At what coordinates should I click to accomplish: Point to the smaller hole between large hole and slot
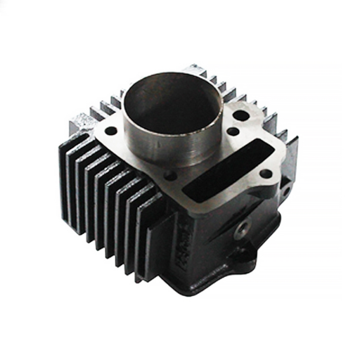pyautogui.click(x=233, y=131)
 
